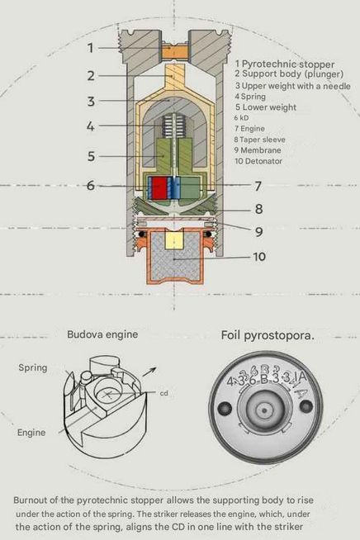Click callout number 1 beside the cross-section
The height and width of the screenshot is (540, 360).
tap(90, 48)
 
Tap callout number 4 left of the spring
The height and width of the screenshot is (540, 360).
tap(90, 126)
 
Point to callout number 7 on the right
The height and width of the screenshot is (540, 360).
tap(258, 186)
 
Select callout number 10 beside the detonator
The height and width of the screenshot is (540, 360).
tap(259, 257)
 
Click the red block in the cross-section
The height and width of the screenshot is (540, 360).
tap(159, 187)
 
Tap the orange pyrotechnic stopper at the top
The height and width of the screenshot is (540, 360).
tap(175, 52)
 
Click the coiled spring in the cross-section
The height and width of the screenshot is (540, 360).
tap(171, 126)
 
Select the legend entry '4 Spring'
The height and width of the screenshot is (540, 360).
tap(250, 97)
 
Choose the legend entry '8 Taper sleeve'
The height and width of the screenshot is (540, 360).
tap(260, 140)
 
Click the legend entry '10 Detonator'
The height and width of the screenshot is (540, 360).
tap(258, 161)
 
